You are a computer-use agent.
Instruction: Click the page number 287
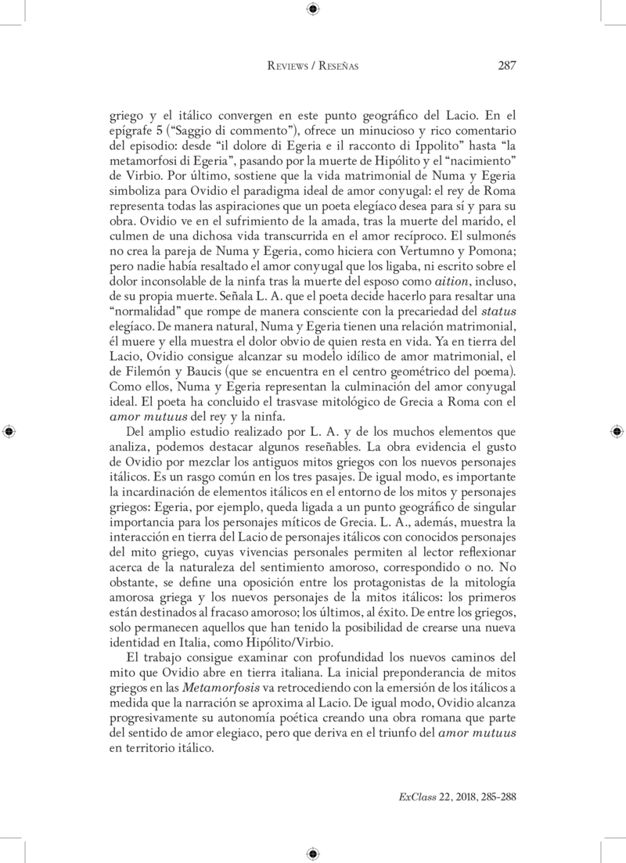coord(505,66)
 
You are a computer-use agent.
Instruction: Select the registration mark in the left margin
coord(9,431)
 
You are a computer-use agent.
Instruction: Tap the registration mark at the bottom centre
coord(313,853)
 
